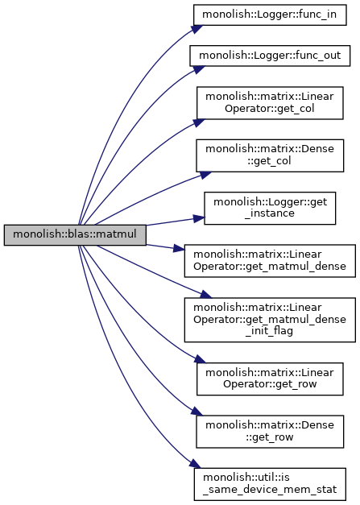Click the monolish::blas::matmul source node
click(75, 235)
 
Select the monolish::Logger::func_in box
click(270, 14)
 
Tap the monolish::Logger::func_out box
click(270, 56)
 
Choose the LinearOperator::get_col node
click(270, 103)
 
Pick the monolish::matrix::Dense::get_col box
click(270, 155)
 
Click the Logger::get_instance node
click(270, 209)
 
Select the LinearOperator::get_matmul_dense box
click(270, 261)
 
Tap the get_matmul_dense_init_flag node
click(270, 320)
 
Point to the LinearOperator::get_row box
click(270, 379)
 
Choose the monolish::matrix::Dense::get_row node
click(270, 432)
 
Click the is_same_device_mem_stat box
click(270, 484)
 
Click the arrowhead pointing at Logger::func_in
click(197, 29)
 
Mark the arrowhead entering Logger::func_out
click(198, 69)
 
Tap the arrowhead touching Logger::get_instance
click(199, 219)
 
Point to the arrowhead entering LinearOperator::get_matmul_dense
click(179, 248)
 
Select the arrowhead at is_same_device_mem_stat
click(195, 464)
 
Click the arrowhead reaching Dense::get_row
click(197, 412)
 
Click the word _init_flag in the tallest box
click(269, 331)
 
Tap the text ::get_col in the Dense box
click(269, 161)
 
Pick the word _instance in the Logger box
click(270, 213)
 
